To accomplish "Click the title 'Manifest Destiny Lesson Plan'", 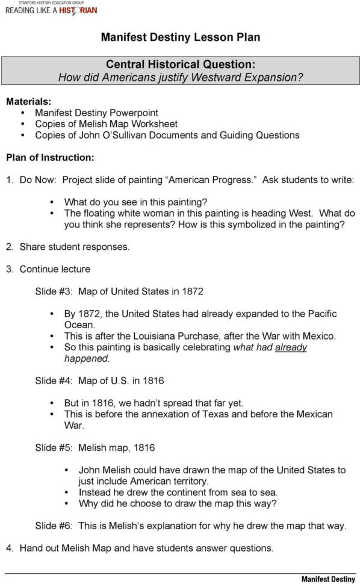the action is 180,37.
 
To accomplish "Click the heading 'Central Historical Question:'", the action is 180,64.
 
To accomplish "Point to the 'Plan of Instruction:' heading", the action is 50,158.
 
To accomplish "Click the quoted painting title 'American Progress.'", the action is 210,180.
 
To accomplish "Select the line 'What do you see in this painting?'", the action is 136,202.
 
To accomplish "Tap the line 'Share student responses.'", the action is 74,247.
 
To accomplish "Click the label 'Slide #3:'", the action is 54,291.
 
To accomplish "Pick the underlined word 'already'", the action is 291,347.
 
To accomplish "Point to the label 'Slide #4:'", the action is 54,381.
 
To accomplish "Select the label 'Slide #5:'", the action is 54,447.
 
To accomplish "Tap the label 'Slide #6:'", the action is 54,526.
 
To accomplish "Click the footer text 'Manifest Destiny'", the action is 328,579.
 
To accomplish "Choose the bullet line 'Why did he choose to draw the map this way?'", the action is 178,503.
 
